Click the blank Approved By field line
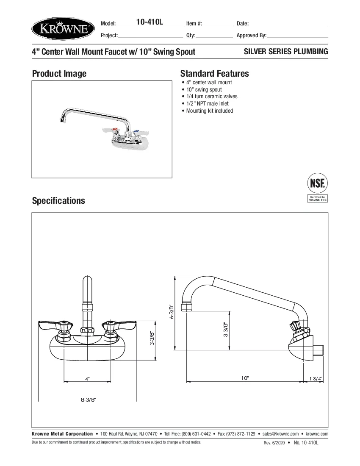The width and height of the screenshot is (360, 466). (x=297, y=36)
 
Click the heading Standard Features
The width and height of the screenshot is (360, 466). (x=214, y=73)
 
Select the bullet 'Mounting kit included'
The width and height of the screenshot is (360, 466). (x=210, y=111)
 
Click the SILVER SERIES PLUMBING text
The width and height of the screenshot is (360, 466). (x=286, y=52)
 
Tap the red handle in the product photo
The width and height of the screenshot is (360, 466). (x=108, y=130)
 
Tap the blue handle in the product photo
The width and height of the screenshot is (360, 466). (x=136, y=132)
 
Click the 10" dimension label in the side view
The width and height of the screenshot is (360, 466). (x=245, y=378)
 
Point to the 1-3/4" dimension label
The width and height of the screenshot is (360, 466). (x=316, y=378)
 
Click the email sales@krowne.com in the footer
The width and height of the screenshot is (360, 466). (x=280, y=434)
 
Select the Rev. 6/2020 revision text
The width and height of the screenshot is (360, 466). (x=274, y=443)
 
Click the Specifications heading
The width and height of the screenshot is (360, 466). (x=58, y=200)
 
